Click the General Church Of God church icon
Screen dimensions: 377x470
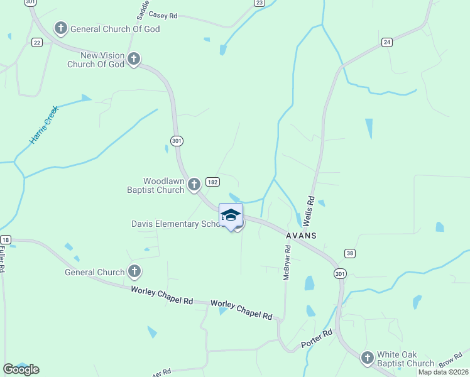61,28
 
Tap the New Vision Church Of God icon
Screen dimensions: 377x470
133,60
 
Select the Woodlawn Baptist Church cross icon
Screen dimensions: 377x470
194,184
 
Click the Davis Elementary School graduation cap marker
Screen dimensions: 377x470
231,215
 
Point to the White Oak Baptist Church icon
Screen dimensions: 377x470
368,358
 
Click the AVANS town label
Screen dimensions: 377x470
300,235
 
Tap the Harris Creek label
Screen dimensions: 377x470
44,125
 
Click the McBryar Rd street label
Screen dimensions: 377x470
287,262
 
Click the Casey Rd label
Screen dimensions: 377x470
163,16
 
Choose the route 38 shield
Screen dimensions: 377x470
350,253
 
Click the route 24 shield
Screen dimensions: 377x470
387,42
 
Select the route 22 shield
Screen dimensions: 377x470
36,42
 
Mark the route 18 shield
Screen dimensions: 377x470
6,239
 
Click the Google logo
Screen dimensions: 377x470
21,369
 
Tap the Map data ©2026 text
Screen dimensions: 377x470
442,372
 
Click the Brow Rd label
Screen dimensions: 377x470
450,363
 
